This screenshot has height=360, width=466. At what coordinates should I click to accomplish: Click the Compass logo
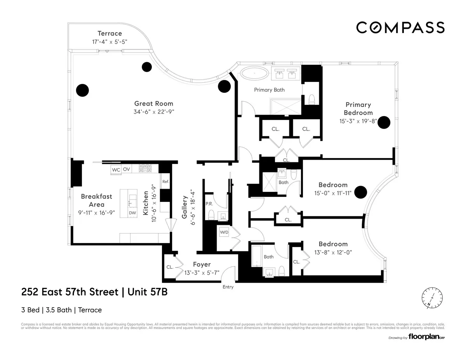400,28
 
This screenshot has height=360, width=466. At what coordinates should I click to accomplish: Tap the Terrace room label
110,34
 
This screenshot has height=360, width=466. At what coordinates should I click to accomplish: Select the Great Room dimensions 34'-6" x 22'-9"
154,112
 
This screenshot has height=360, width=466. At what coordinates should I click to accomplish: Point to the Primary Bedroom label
358,108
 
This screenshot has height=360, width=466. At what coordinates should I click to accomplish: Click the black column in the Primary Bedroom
384,122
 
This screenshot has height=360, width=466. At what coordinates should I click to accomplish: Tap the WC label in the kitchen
116,170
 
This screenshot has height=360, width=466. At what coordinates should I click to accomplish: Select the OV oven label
127,170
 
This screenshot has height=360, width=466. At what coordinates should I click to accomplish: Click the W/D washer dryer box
224,232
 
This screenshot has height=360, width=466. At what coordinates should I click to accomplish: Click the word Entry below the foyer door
228,287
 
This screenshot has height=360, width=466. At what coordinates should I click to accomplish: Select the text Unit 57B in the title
146,292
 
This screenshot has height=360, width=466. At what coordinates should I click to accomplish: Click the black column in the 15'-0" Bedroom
361,191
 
